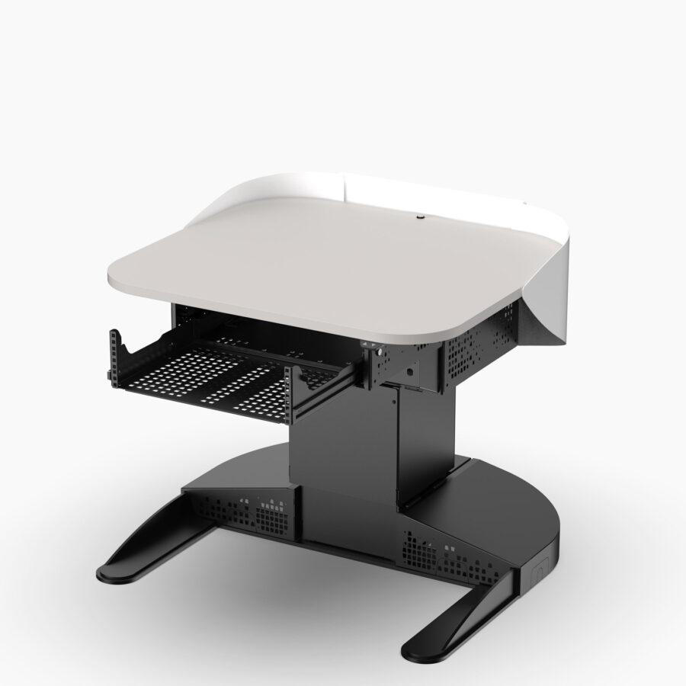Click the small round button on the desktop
point(419,217)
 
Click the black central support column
point(343,442)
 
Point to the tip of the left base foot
point(114,572)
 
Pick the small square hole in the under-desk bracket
point(409,372)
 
